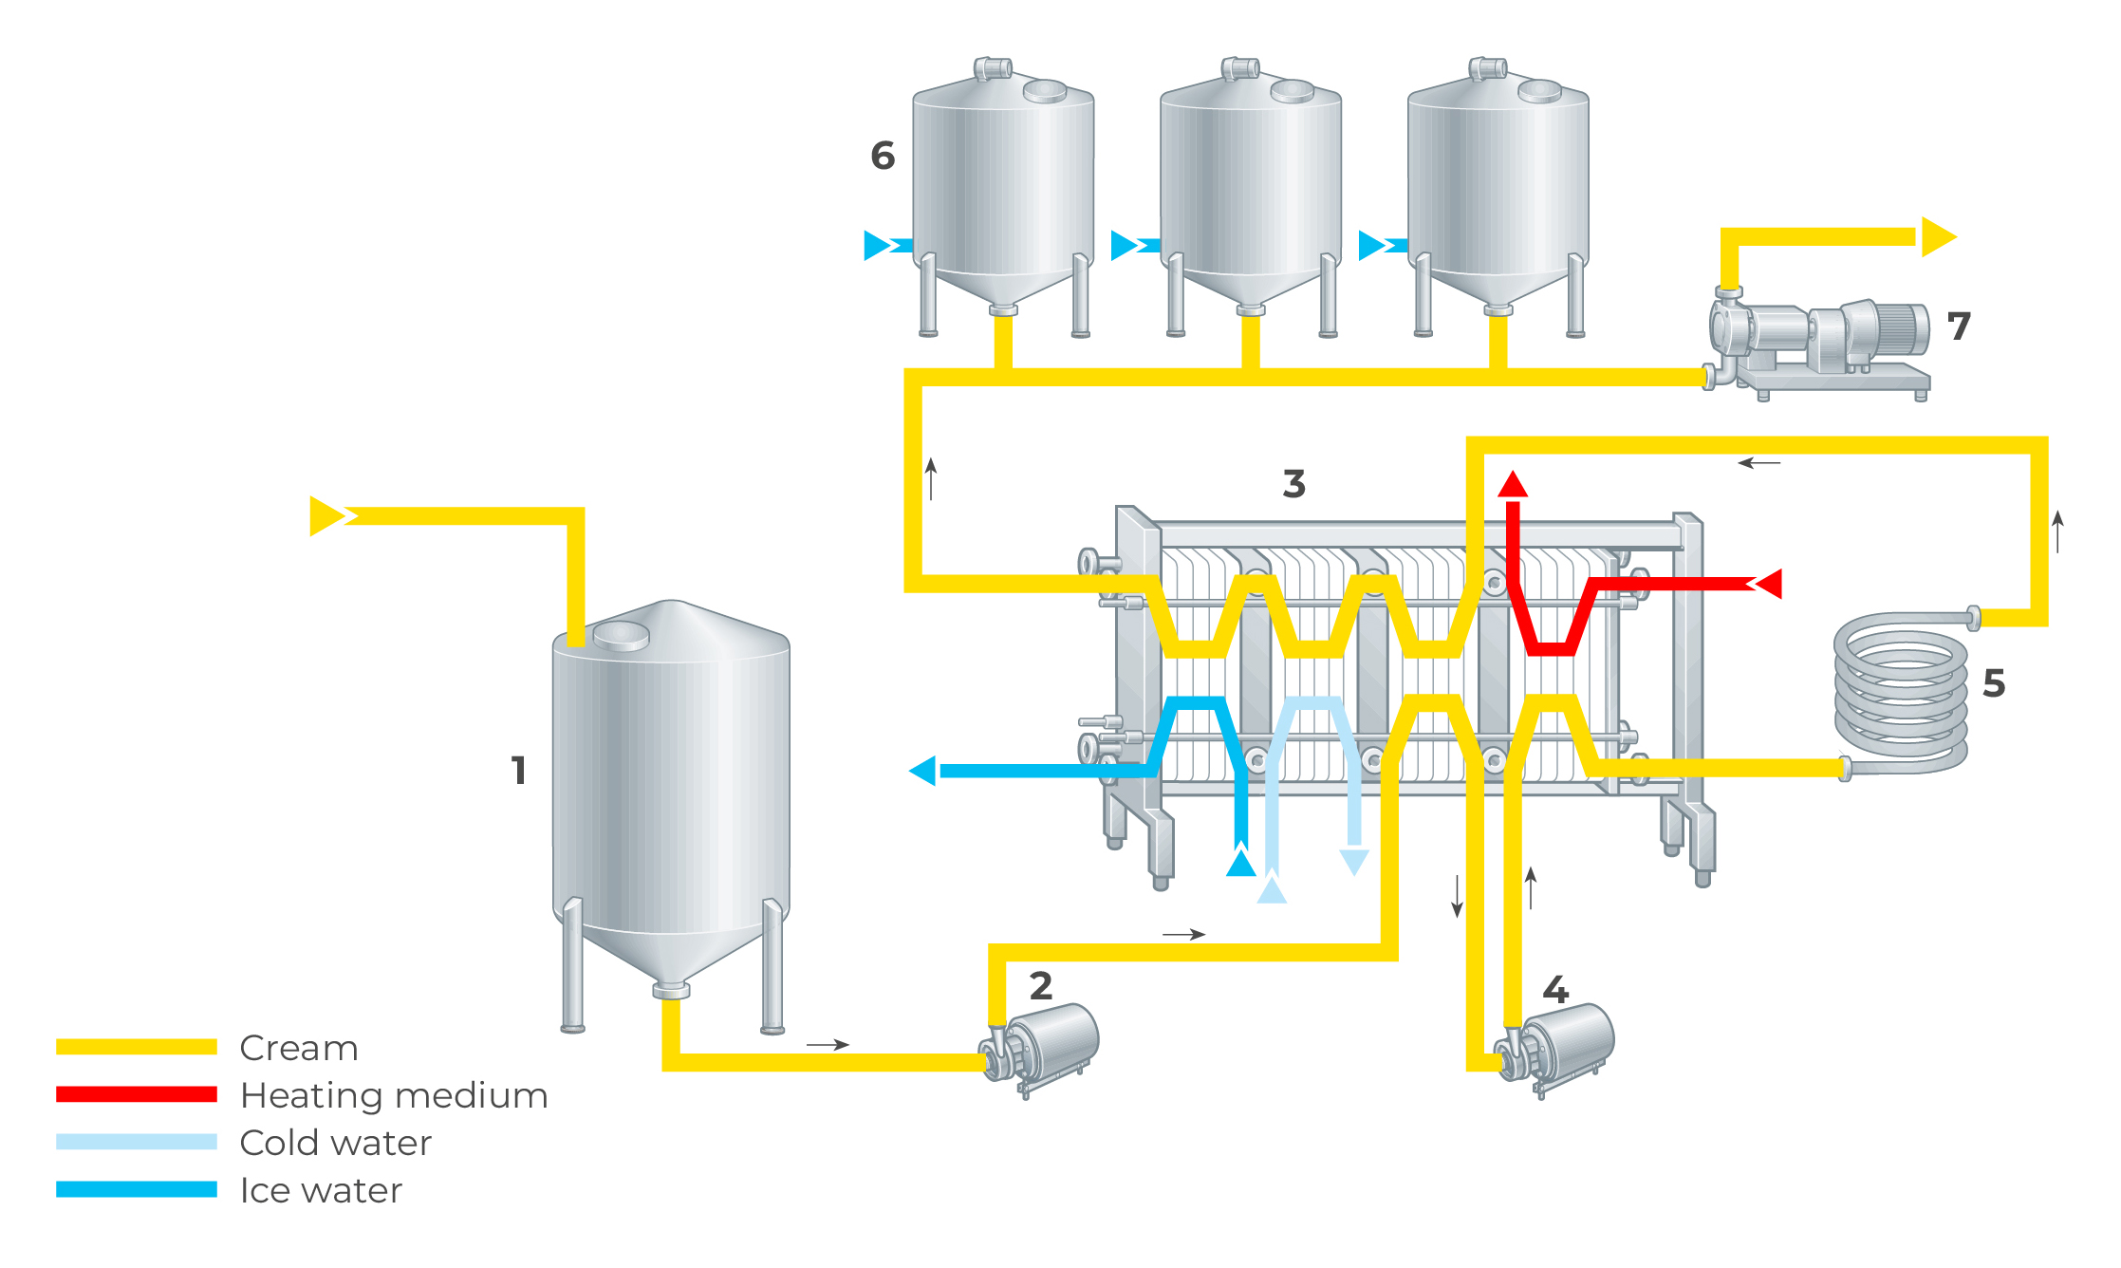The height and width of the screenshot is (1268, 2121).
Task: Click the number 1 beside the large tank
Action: (518, 770)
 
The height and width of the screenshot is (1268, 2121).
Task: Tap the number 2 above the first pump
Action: (1041, 986)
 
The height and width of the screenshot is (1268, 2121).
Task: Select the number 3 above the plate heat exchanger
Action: (1293, 484)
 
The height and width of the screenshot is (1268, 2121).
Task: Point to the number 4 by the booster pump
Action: (1555, 990)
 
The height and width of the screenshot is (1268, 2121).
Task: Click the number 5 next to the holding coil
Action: (1994, 683)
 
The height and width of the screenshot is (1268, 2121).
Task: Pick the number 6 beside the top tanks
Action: (883, 156)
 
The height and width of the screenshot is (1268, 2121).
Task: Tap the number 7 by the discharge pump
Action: (1959, 326)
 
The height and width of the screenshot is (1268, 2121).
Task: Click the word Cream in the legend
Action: (299, 1048)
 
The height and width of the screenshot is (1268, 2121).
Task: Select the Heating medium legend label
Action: (394, 1095)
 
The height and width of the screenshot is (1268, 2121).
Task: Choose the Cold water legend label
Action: (335, 1143)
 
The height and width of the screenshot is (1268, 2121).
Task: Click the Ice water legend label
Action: (321, 1190)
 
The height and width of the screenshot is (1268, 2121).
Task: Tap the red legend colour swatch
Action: (137, 1094)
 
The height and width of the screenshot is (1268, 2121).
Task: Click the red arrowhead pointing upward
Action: (1513, 484)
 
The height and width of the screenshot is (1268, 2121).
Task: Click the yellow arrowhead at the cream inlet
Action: (326, 516)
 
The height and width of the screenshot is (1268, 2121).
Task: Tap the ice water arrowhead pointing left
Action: (923, 771)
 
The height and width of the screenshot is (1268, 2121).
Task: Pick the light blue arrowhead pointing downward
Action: (1354, 862)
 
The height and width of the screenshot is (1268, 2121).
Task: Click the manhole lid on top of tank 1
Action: (622, 634)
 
